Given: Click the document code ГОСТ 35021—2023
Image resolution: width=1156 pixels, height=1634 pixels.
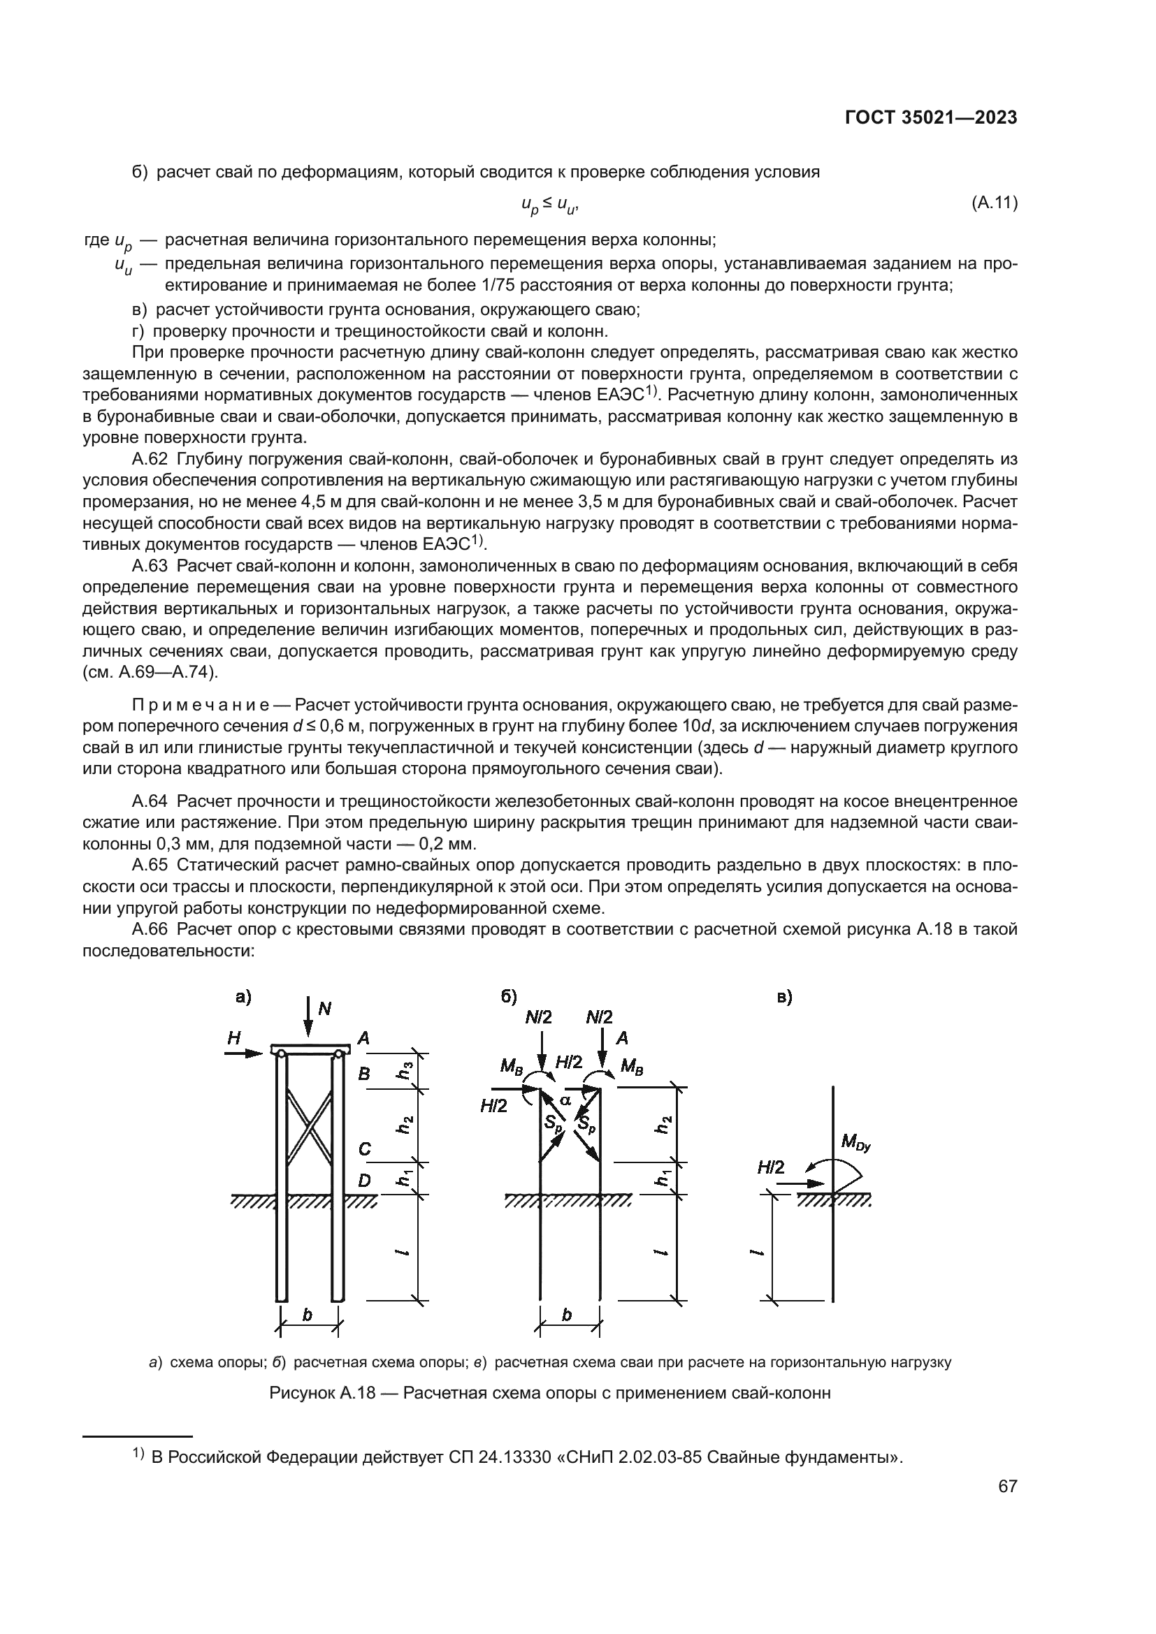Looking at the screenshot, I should coord(930,118).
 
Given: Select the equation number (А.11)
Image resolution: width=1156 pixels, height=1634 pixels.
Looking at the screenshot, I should coord(995,203).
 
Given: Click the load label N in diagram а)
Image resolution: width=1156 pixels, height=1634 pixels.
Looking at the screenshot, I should coord(324,1009).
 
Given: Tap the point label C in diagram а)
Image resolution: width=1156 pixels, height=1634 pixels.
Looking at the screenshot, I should coord(363,1148).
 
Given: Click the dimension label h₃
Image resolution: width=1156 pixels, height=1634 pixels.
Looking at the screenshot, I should coord(404,1070).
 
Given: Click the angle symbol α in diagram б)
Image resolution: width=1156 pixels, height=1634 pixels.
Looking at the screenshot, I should coord(566,1100).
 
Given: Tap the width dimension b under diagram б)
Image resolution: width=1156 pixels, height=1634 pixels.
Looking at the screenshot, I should coord(567,1315).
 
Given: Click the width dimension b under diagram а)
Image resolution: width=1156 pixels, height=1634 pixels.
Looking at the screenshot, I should coord(308,1315).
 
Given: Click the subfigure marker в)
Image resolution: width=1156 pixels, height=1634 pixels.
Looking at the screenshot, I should coord(784,998).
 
